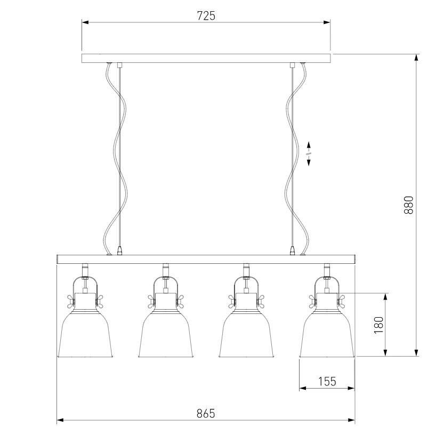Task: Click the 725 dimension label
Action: [x=206, y=16]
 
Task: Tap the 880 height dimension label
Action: [x=409, y=205]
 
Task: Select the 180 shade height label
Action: [x=379, y=325]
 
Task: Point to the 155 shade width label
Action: [x=327, y=381]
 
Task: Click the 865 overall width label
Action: [x=206, y=414]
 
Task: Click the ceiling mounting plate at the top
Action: [x=206, y=59]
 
